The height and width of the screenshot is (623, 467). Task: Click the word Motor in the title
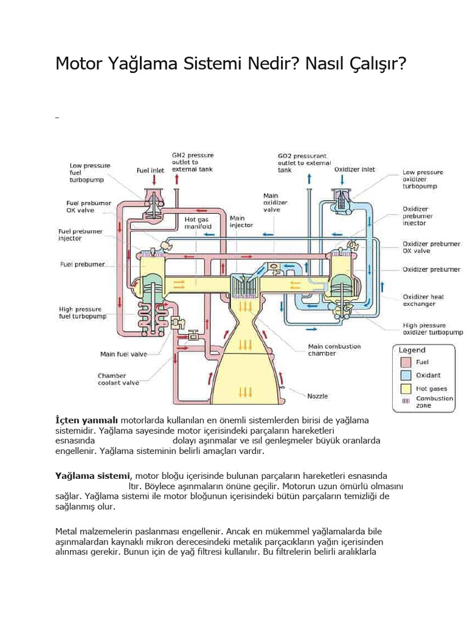81,63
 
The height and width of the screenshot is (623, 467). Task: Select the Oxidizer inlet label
355,170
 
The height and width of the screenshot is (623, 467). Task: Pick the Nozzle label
317,395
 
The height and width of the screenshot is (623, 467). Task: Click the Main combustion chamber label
334,350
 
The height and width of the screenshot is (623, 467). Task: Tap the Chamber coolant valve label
118,379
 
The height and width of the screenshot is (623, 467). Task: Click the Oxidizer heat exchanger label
423,301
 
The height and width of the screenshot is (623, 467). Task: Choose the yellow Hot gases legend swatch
406,388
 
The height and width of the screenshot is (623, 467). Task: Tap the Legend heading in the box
412,350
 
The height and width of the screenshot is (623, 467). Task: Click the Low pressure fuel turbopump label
89,173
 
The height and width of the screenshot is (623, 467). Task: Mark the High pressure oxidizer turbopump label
432,329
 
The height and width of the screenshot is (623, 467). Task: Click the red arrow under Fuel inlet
154,179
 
